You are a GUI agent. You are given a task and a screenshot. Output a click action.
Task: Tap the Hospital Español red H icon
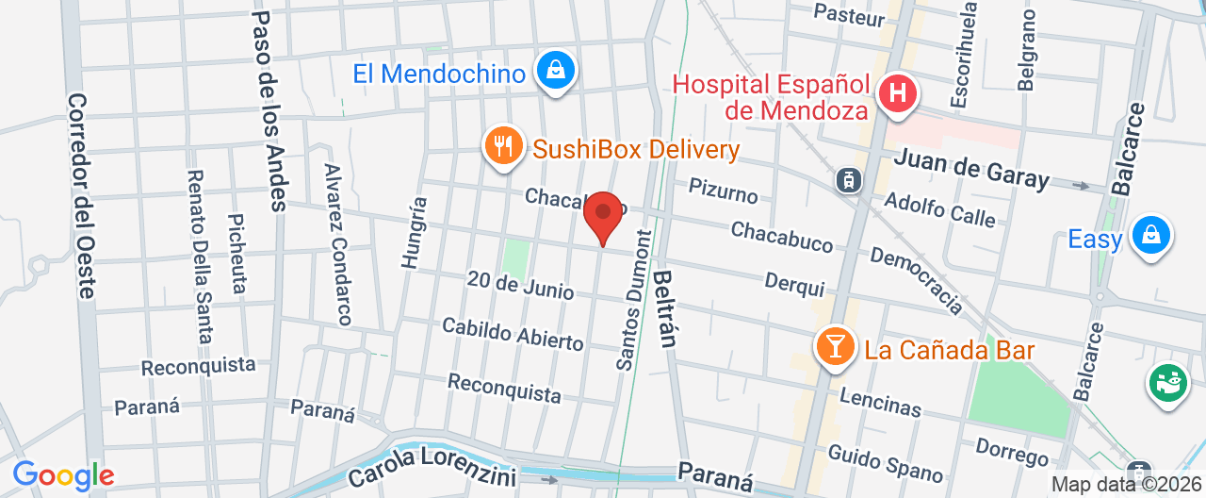pyautogui.click(x=898, y=94)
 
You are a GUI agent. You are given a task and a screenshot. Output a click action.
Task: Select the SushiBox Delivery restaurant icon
pyautogui.click(x=504, y=147)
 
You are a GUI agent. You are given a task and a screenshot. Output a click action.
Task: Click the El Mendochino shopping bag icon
pyautogui.click(x=556, y=71)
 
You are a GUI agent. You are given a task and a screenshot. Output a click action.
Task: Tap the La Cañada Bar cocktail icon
pyautogui.click(x=834, y=348)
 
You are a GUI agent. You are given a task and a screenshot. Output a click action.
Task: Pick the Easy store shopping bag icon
pyautogui.click(x=1150, y=235)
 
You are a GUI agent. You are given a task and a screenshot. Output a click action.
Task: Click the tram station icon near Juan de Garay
pyautogui.click(x=850, y=179)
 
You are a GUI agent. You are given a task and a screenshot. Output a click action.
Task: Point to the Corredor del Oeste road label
pyautogui.click(x=81, y=195)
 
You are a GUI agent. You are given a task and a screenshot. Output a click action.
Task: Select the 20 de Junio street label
pyautogui.click(x=520, y=284)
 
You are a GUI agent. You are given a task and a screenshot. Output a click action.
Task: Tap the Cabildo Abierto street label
pyautogui.click(x=513, y=334)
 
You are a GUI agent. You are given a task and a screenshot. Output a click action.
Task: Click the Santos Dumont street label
pyautogui.click(x=634, y=299)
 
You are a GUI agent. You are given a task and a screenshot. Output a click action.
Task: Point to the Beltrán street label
pyautogui.click(x=664, y=308)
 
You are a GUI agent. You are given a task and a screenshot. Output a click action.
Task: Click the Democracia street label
pyautogui.click(x=916, y=280)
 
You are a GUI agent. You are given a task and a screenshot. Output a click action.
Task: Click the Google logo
pyautogui.click(x=63, y=476)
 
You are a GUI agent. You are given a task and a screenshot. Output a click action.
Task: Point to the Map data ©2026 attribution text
pyautogui.click(x=1126, y=485)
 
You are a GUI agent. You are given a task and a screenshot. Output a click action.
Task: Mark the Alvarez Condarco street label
pyautogui.click(x=337, y=244)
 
